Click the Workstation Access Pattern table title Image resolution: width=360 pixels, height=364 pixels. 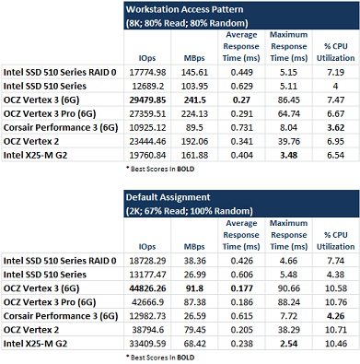[184, 9]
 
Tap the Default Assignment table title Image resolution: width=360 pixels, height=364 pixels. [168, 197]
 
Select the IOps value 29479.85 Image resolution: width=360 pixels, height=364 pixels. [147, 100]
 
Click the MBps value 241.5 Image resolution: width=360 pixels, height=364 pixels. [194, 100]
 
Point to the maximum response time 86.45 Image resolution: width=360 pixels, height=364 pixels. [289, 100]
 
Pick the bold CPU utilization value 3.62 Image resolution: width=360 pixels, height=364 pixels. [336, 128]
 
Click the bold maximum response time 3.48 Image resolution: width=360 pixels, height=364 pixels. [289, 156]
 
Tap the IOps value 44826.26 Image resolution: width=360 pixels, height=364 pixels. [147, 288]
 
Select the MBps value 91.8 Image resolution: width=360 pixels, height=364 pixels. [194, 288]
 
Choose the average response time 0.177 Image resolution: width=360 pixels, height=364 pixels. [242, 288]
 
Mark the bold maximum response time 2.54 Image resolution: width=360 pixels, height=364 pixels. [289, 344]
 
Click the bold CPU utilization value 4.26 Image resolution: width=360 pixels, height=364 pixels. [336, 316]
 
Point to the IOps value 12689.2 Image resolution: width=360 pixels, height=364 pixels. [147, 87]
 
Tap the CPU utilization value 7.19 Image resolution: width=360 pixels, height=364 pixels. [336, 73]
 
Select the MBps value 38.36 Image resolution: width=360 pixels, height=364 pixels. [194, 261]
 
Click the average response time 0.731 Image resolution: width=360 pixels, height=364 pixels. [242, 128]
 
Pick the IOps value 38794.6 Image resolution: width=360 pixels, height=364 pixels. [147, 330]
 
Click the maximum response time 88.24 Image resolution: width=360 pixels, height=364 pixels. [289, 302]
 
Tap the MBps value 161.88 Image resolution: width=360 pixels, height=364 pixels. [194, 156]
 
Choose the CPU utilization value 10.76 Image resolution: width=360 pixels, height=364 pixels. [336, 302]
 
